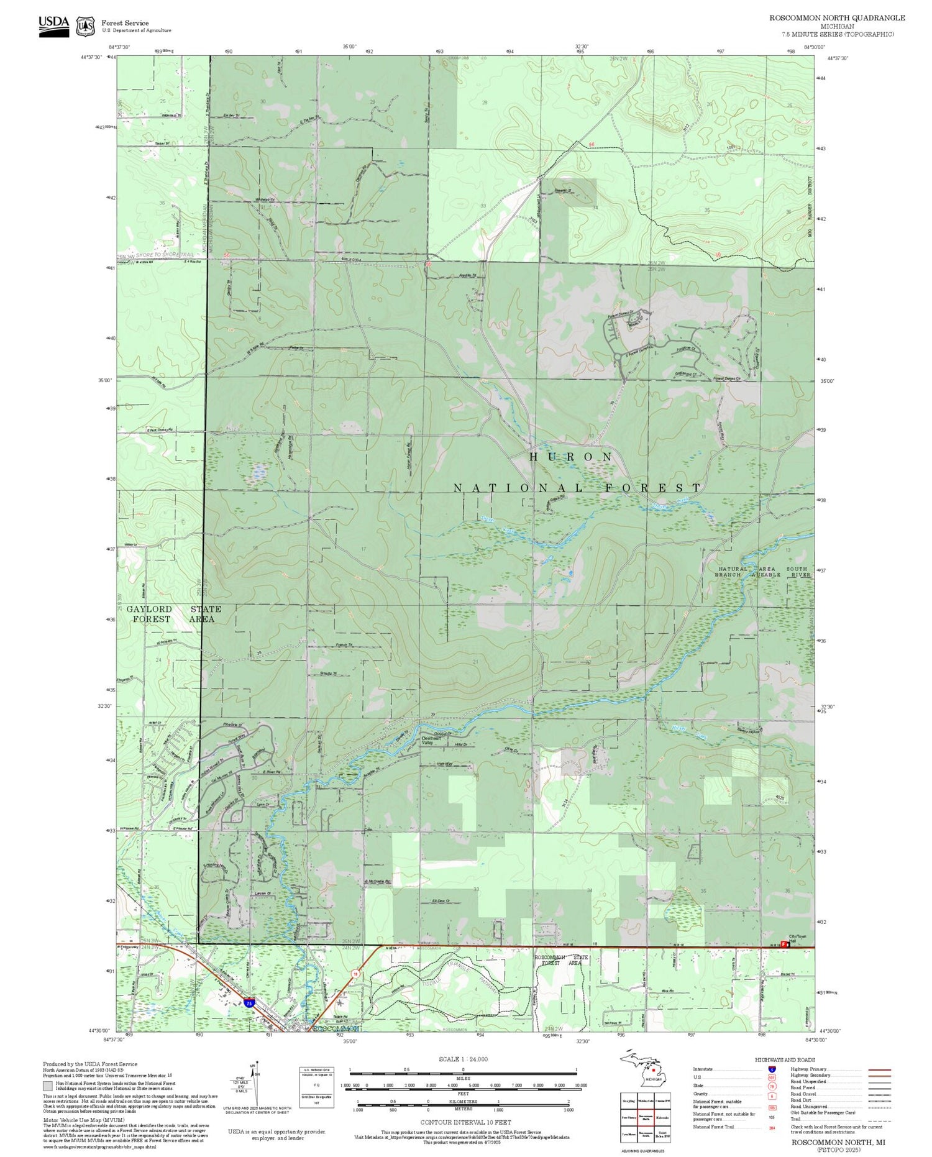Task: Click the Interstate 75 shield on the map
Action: pos(249,1003)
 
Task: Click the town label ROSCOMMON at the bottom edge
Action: pos(336,1029)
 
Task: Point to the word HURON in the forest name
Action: pos(570,457)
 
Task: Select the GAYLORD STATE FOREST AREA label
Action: pos(174,614)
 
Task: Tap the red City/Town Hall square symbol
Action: pos(784,944)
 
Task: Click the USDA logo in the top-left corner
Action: pos(54,25)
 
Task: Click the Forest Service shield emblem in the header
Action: pos(85,27)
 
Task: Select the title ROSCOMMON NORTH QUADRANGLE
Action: pos(837,18)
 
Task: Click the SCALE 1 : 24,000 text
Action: pos(463,1059)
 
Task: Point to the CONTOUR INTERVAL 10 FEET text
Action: pos(465,1122)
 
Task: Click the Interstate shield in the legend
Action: pos(772,1069)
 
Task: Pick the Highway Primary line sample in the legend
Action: pos(876,1069)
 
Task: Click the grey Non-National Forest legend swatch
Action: pos(48,1086)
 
